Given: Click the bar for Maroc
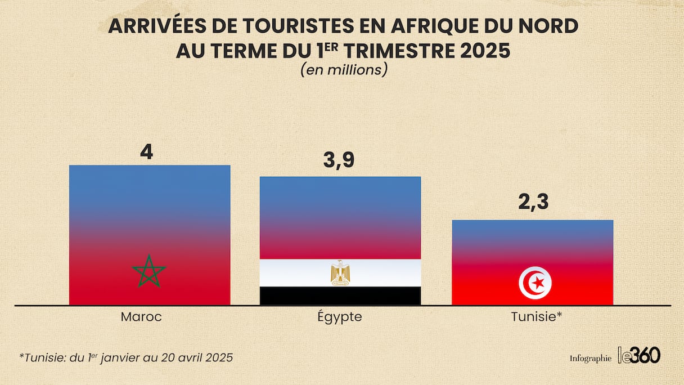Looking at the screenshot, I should pyautogui.click(x=150, y=225).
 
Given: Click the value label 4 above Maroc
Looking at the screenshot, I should pyautogui.click(x=146, y=152).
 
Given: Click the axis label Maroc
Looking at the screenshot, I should pyautogui.click(x=141, y=317).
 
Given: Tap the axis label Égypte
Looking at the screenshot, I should pyautogui.click(x=339, y=317).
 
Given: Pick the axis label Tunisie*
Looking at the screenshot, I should pyautogui.click(x=537, y=317).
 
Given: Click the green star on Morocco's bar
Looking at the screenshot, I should pyautogui.click(x=149, y=272).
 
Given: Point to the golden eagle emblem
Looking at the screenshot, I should pyautogui.click(x=340, y=272).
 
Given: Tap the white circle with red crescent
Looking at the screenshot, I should pyautogui.click(x=535, y=283).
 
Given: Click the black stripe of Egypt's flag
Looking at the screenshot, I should pyautogui.click(x=340, y=296).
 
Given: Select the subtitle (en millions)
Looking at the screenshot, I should pyautogui.click(x=343, y=70).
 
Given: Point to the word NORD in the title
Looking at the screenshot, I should pyautogui.click(x=548, y=26).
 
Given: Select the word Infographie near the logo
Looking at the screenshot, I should pyautogui.click(x=590, y=358).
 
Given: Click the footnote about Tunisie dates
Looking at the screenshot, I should pyautogui.click(x=126, y=357).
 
